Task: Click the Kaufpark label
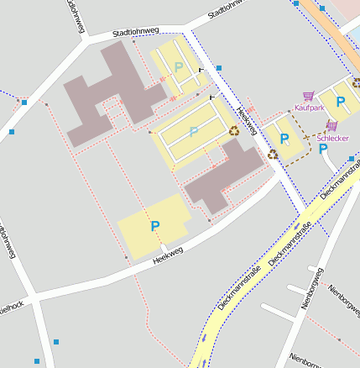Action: [309, 108]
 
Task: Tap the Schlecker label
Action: [332, 138]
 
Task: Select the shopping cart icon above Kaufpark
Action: [309, 97]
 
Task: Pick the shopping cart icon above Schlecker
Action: [331, 126]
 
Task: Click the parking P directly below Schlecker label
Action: [323, 149]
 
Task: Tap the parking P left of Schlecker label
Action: [284, 139]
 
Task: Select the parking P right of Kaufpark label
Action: [341, 102]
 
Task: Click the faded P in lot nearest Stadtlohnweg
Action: [178, 66]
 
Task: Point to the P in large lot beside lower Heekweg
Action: [154, 226]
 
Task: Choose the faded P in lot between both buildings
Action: [194, 132]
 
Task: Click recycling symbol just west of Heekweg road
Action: [234, 130]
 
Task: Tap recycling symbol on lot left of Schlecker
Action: [273, 154]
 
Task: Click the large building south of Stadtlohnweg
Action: [109, 92]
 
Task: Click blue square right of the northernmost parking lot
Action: [219, 67]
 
